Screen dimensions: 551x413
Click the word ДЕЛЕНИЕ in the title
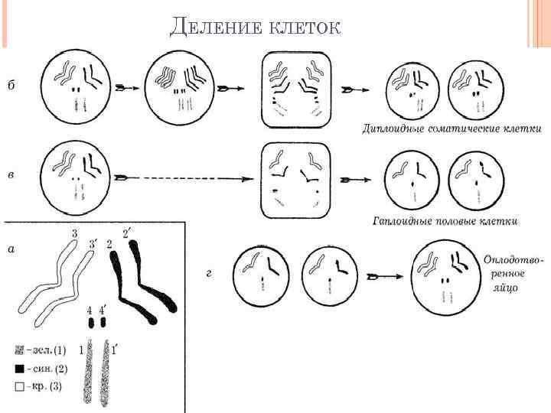pyautogui.click(x=217, y=28)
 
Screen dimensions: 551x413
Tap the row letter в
pyautogui.click(x=11, y=175)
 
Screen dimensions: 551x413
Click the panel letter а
pyautogui.click(x=11, y=249)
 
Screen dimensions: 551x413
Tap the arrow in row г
pyautogui.click(x=383, y=275)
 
